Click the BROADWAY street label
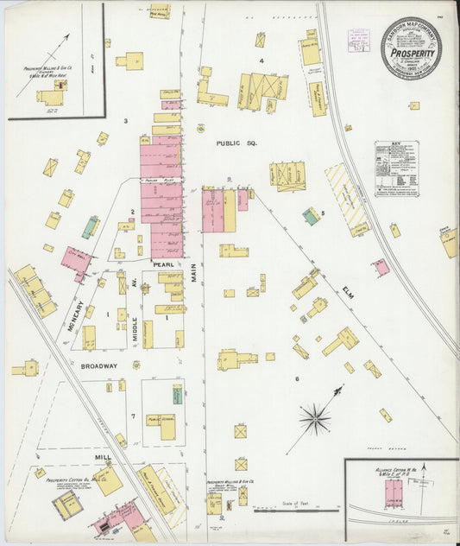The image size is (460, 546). coord(99,366)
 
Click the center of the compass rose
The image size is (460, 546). coord(315,420)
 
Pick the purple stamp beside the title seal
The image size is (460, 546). coord(358,40)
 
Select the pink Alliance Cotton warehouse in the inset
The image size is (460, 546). coord(394,492)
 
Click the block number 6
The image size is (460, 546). coord(297,379)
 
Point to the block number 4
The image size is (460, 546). coord(262,61)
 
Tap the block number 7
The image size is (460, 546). coord(132,416)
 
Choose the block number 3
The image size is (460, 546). coord(125,120)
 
